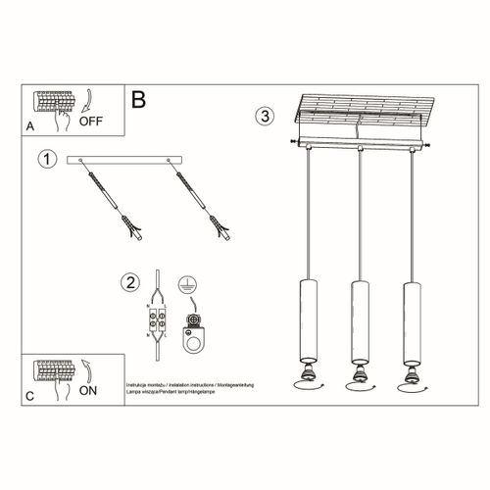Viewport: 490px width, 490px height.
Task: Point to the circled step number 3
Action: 264,116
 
